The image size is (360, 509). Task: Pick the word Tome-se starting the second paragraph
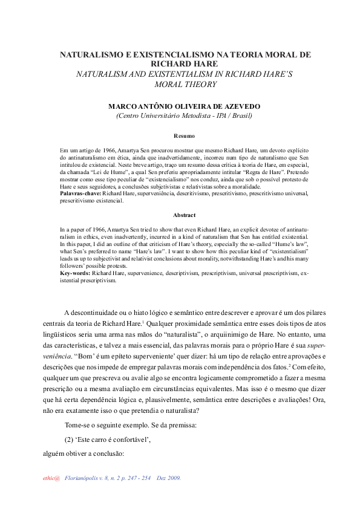point(78,426)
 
